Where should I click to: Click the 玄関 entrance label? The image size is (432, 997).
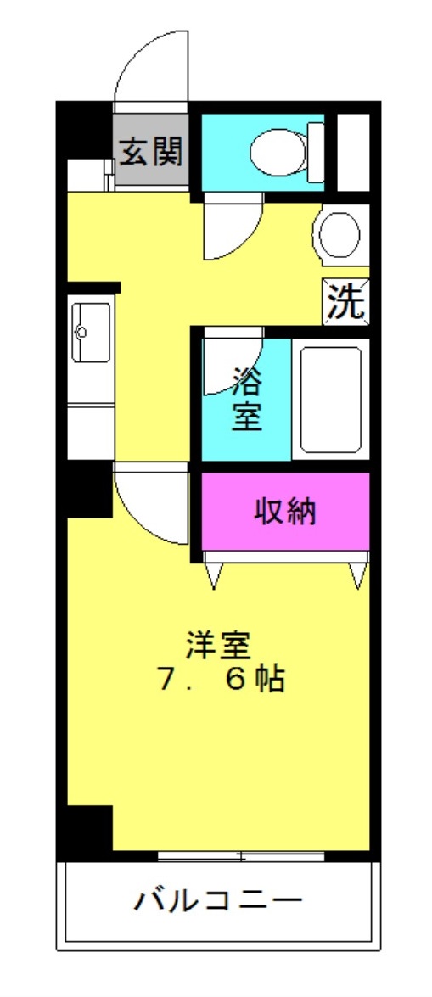click(151, 152)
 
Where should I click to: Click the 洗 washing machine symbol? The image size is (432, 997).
click(346, 302)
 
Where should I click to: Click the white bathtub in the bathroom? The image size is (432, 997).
click(331, 399)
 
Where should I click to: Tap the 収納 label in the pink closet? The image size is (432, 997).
click(286, 511)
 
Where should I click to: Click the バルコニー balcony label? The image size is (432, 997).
click(217, 899)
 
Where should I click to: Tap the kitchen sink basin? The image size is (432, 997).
click(91, 332)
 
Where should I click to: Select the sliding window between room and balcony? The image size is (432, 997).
click(241, 854)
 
